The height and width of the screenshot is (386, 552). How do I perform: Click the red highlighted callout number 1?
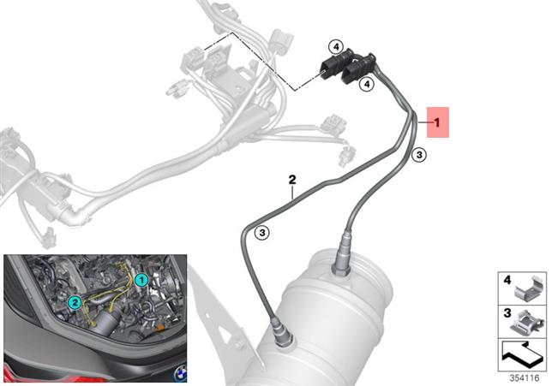[438, 122]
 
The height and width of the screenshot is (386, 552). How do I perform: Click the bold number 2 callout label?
[292, 180]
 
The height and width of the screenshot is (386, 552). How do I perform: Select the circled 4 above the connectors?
[336, 46]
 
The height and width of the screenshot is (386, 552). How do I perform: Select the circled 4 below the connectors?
[367, 85]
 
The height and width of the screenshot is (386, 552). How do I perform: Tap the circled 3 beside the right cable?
[419, 155]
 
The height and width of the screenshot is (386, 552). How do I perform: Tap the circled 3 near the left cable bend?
[262, 233]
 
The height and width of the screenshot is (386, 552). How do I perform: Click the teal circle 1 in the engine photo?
[141, 280]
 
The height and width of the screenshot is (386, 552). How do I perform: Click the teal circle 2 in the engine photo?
[75, 301]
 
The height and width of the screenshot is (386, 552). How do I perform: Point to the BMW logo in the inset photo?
[180, 373]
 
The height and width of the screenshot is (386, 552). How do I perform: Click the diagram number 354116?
[525, 378]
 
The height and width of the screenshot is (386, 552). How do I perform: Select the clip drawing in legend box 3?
[526, 323]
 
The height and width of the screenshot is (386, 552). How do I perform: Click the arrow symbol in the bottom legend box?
[523, 354]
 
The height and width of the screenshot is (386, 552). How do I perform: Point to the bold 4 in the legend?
[507, 281]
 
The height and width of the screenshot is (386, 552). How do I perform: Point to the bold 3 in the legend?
[507, 313]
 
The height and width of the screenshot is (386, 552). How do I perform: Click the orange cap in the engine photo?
[159, 328]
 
